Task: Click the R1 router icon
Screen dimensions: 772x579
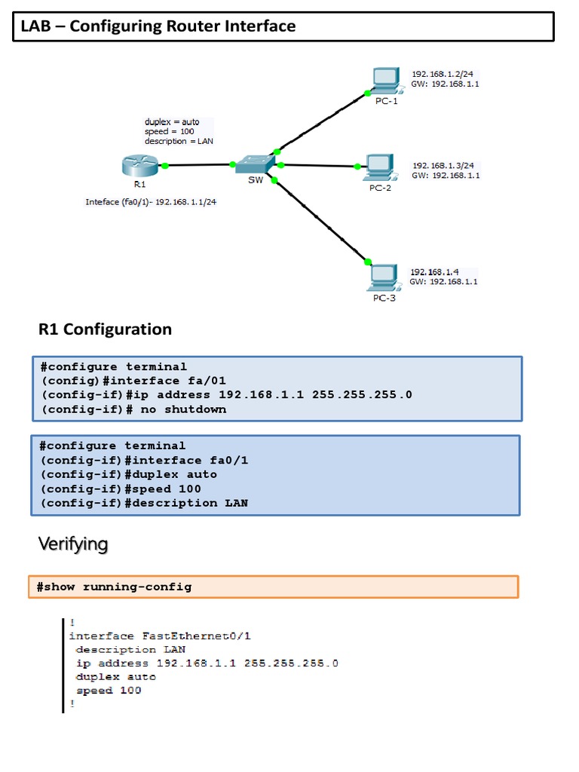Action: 139,165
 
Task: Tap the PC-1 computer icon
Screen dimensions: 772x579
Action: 384,81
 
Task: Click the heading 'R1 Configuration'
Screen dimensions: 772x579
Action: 105,329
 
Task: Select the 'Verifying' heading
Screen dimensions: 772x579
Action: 73,544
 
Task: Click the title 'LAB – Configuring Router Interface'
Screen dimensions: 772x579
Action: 158,27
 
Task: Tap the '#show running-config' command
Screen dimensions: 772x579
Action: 114,587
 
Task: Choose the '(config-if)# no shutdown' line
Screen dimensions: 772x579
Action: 133,409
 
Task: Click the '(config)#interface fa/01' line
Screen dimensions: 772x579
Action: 133,381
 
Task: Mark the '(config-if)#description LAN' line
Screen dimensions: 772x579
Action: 144,503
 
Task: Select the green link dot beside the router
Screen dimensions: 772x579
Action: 164,165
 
